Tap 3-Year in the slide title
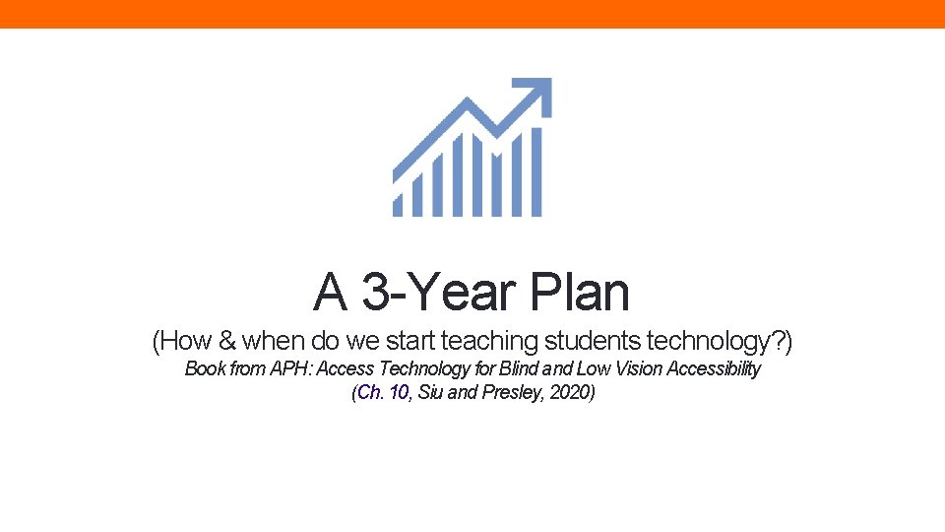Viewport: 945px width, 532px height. click(x=440, y=292)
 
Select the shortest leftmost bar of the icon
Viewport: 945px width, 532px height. click(x=399, y=200)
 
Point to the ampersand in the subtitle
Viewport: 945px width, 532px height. click(x=227, y=342)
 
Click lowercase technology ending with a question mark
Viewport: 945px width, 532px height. click(x=720, y=342)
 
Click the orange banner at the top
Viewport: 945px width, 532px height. click(x=472, y=14)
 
